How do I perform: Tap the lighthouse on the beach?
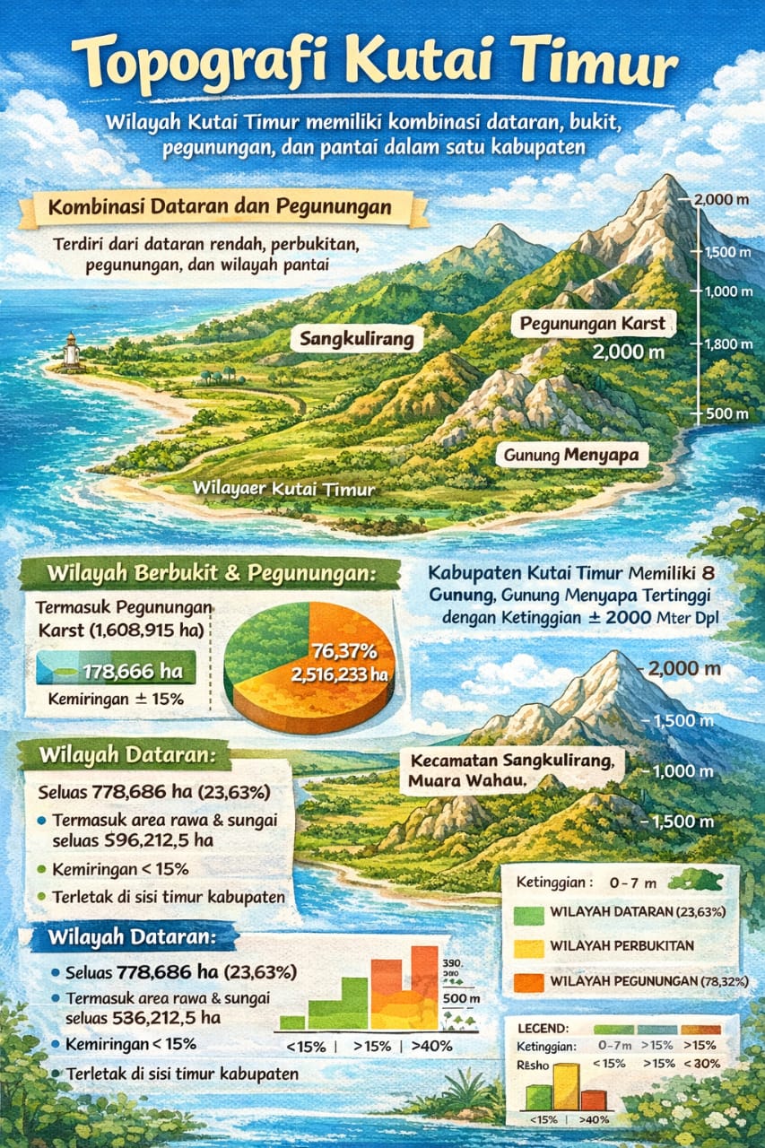71,351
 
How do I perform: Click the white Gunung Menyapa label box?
571,456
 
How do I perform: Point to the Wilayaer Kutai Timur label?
284,490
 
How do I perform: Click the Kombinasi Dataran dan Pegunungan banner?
220,208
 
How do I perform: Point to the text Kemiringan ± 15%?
111,695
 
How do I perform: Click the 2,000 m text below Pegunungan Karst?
629,352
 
